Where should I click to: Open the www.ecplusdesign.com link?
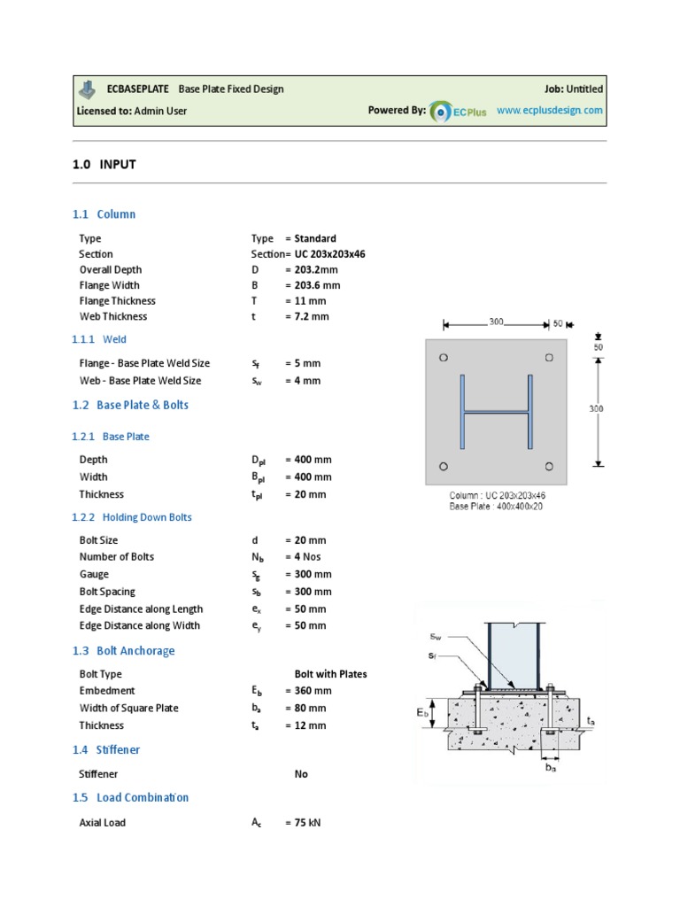pos(549,111)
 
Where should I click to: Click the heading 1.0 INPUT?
pos(104,164)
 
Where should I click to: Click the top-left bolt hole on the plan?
pos(444,358)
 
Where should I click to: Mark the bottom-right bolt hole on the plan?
pos(550,466)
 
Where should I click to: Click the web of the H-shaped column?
pos(496,412)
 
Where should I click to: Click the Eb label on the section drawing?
pos(424,712)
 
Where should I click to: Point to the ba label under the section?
pos(552,769)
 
